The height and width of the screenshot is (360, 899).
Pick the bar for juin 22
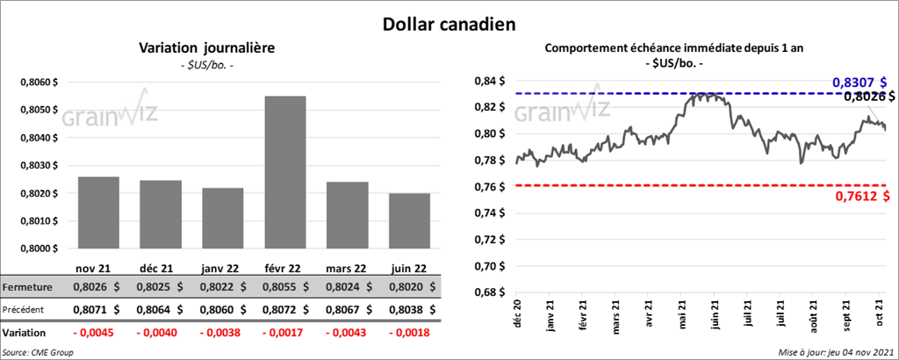coord(410,220)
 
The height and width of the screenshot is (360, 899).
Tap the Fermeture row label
coord(28,286)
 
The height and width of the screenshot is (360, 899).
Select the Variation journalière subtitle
coord(207,49)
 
